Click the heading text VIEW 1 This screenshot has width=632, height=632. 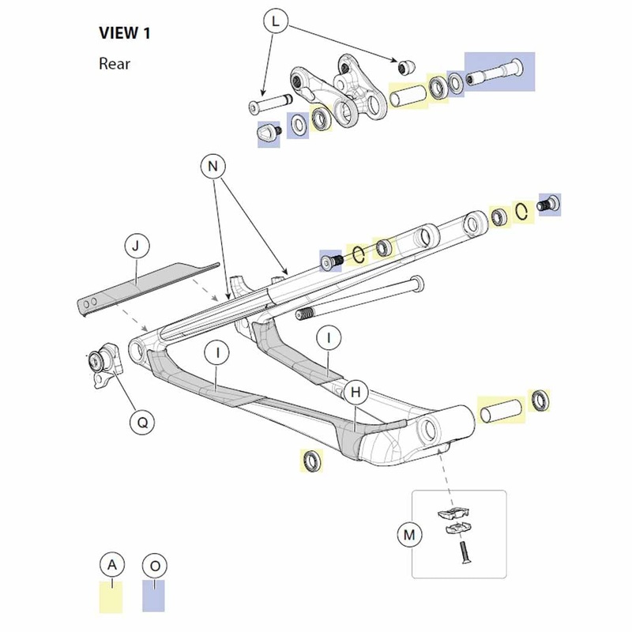tap(125, 33)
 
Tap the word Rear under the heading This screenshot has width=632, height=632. tap(115, 63)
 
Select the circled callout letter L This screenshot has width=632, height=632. tap(274, 22)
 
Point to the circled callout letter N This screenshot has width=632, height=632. tap(210, 165)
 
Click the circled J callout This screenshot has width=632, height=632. tap(136, 247)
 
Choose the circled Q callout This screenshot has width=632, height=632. tap(142, 422)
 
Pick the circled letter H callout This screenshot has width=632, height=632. tap(355, 392)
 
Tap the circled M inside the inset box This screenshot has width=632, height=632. tap(409, 535)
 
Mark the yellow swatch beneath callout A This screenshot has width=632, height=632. tap(111, 598)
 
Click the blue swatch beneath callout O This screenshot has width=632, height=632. tap(154, 596)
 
